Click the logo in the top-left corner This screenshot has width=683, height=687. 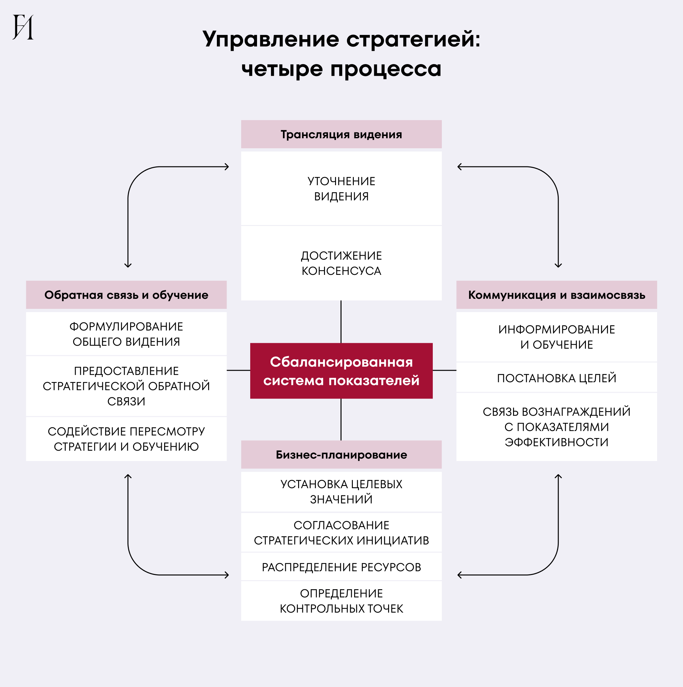coord(23,27)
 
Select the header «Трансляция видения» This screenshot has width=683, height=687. coord(341,134)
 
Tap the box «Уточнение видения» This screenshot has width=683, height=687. coord(341,188)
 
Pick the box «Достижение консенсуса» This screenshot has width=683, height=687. coord(341,263)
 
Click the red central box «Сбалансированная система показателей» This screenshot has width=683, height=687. coord(341,371)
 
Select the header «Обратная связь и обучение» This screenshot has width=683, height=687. coord(126,295)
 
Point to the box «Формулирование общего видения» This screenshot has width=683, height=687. coord(126,334)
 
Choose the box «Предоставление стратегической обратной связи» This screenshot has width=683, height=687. coord(126,386)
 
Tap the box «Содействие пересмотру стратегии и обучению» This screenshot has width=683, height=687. coord(126,439)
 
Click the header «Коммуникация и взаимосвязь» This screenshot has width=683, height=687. coord(556,295)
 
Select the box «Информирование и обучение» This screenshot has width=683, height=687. coord(556,337)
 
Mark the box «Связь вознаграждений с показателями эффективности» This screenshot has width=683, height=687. coord(556,427)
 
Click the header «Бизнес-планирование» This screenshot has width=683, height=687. coord(341,455)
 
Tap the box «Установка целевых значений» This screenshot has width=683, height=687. coord(341,492)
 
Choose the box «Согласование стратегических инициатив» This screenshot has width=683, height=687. coord(341,533)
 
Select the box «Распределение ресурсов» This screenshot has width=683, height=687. coord(341,567)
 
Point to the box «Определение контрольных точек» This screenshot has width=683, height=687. coord(341,601)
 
